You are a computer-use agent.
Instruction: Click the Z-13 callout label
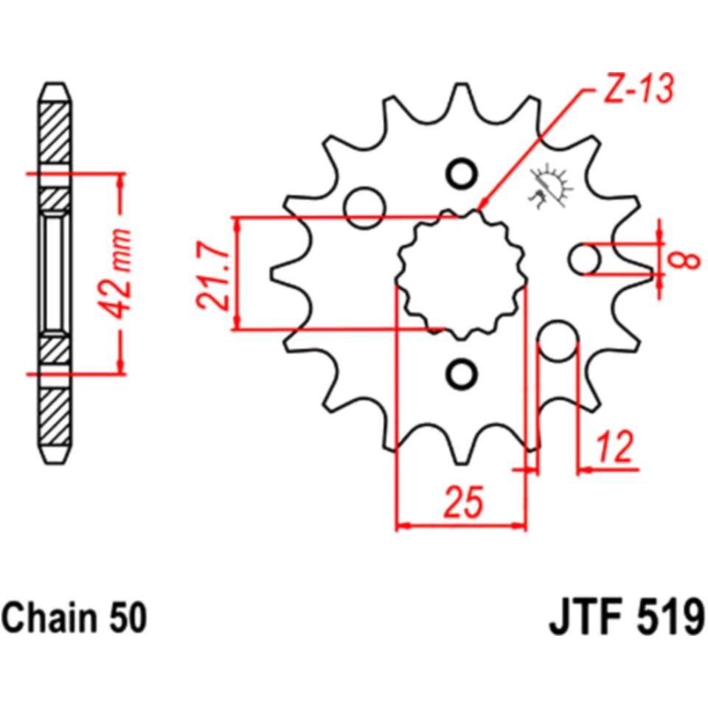(x=639, y=91)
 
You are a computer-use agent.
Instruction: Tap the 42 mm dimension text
(x=119, y=274)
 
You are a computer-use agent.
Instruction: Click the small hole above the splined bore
(x=462, y=174)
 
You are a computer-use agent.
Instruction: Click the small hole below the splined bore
(x=462, y=374)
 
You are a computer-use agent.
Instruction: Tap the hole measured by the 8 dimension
(x=587, y=259)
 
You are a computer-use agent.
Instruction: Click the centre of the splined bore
(x=462, y=274)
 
